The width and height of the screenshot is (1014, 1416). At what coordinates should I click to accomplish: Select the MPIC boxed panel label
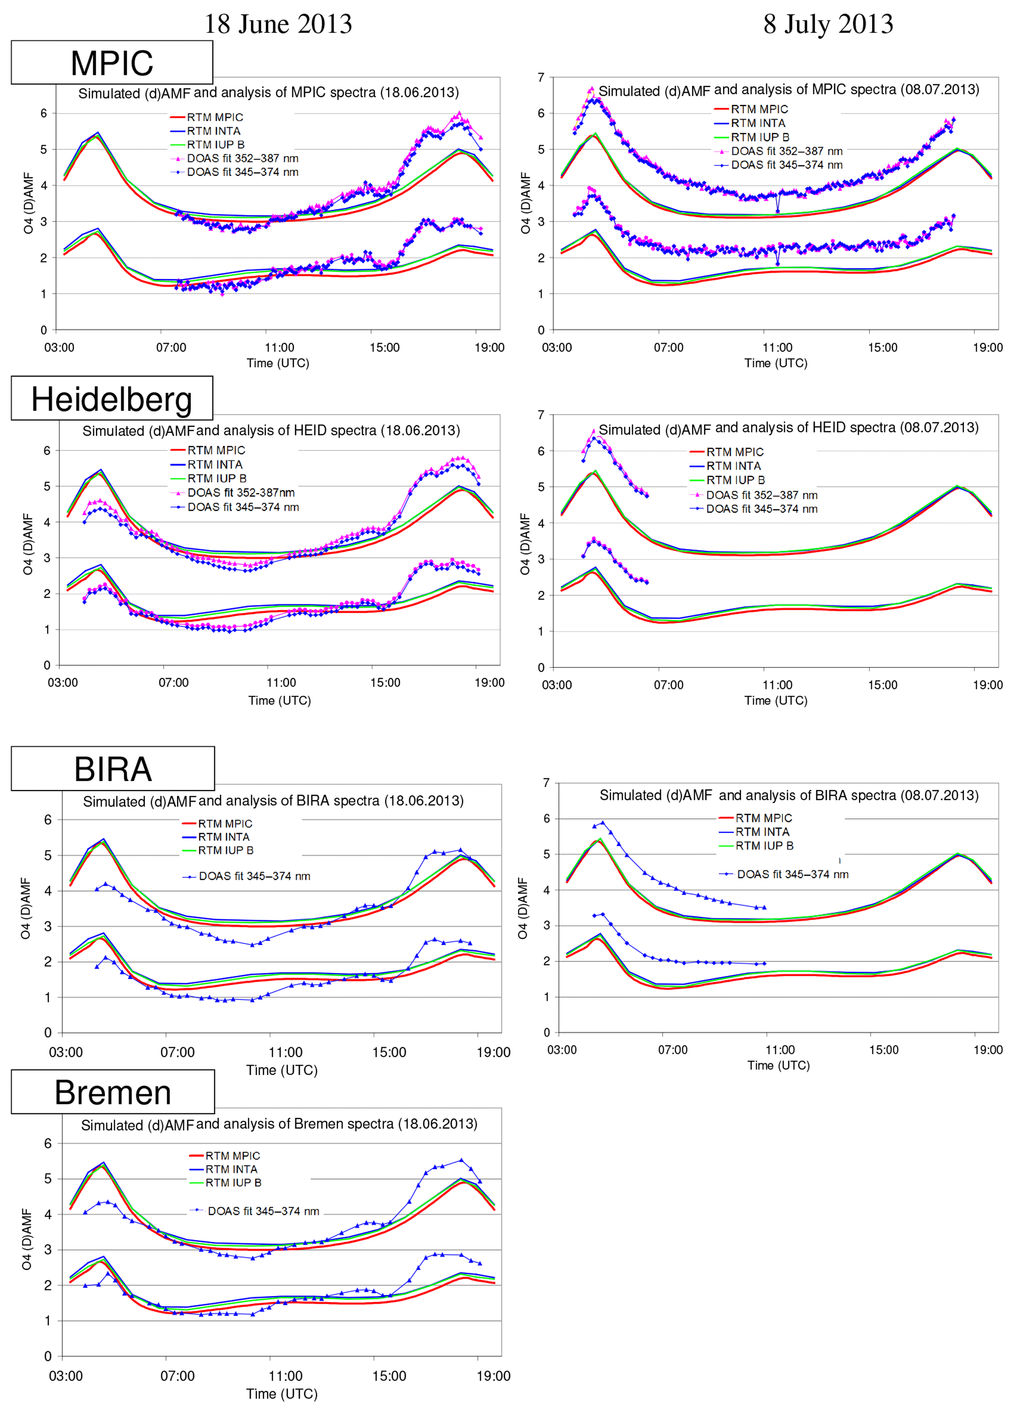(112, 63)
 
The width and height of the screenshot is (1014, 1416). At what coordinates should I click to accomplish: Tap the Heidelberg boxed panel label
(112, 399)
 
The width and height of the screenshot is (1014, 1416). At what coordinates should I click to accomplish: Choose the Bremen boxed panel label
(113, 1092)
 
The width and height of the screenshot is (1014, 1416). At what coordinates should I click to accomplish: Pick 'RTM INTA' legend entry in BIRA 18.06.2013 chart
(224, 837)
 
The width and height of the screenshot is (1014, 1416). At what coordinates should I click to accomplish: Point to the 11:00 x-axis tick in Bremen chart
(286, 1375)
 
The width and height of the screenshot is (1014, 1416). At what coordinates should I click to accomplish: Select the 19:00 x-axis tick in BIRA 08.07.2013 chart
(988, 1049)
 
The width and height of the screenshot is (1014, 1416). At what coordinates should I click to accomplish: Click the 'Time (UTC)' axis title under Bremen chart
(282, 1393)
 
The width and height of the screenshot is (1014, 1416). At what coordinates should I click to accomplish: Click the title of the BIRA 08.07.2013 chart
(789, 795)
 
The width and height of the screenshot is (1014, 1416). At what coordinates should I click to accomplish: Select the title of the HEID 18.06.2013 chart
(271, 431)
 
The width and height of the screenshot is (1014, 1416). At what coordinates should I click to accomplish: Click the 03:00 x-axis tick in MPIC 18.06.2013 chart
(59, 348)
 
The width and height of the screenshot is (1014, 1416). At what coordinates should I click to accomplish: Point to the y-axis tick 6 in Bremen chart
(48, 1143)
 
